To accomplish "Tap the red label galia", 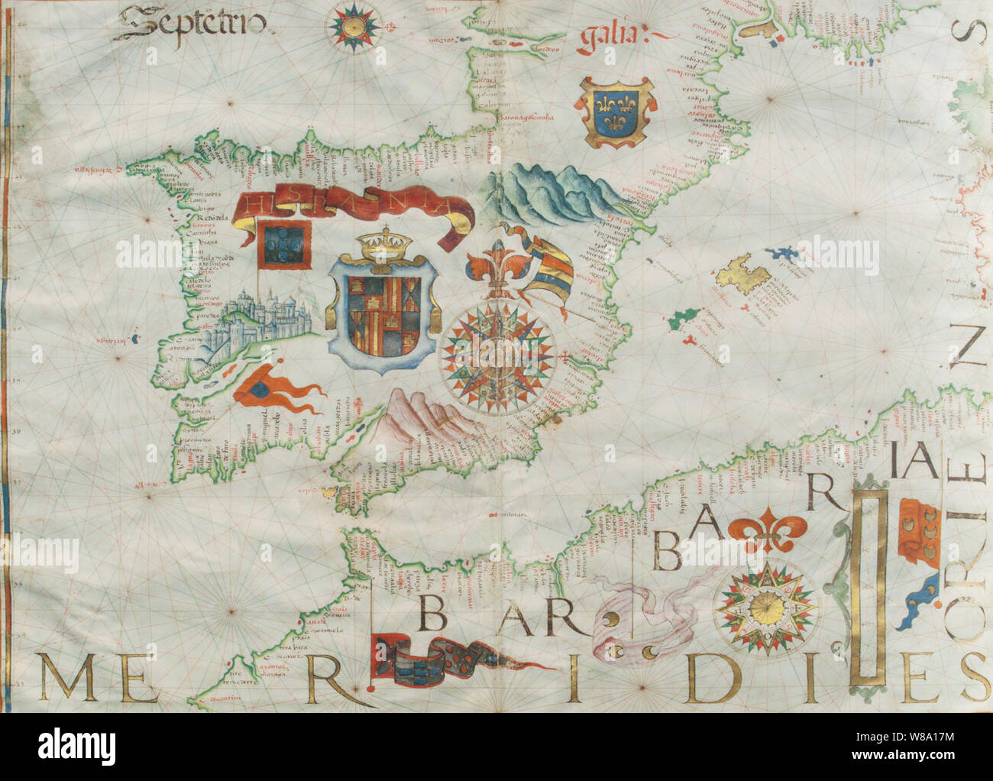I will coord(614,36).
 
